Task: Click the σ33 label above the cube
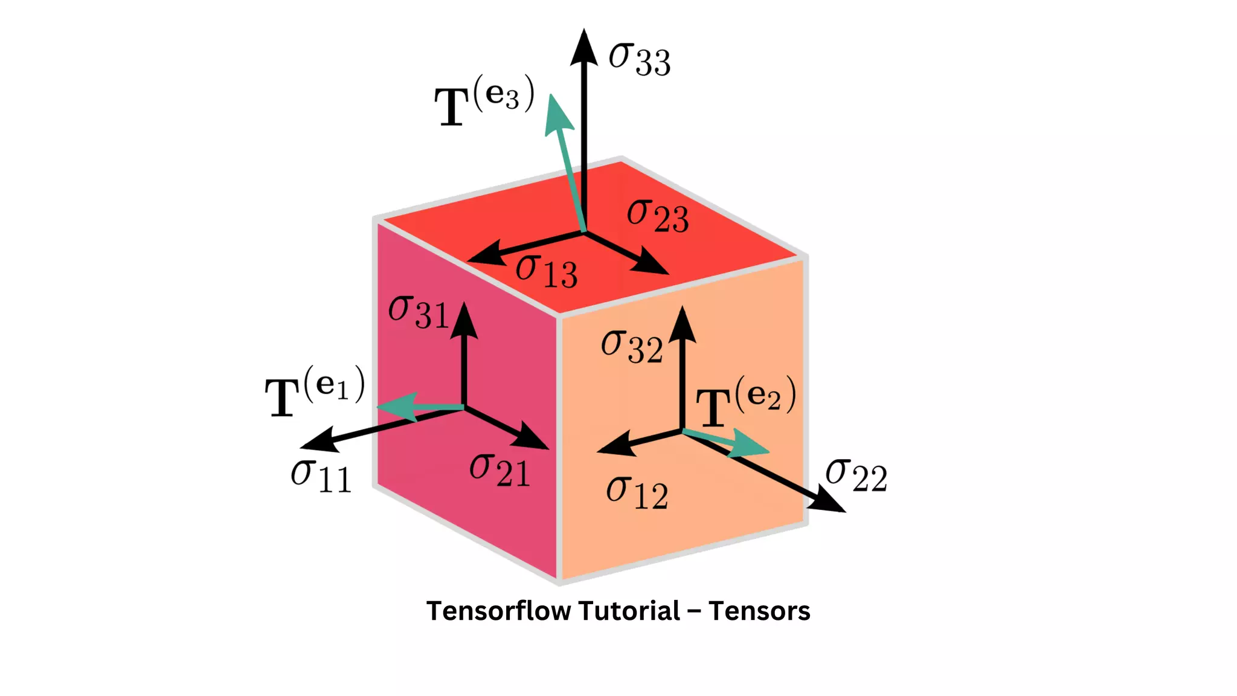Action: (639, 59)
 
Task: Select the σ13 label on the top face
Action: (546, 271)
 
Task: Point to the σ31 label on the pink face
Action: (418, 312)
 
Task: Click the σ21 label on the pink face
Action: (500, 470)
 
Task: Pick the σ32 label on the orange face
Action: (632, 346)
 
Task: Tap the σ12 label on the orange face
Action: (637, 493)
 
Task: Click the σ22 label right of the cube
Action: (856, 475)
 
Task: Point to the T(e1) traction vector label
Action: (315, 391)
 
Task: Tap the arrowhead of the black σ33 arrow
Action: (584, 47)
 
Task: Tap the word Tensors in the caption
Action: (759, 611)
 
